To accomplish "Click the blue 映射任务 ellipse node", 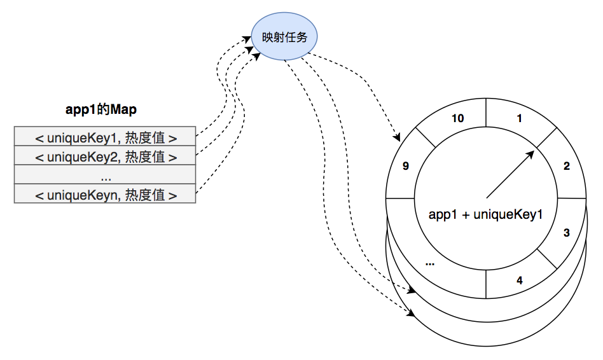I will click(x=284, y=38).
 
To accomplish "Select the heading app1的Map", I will click(x=101, y=109).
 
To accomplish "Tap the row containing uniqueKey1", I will click(x=105, y=137).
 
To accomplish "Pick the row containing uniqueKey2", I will click(x=105, y=156).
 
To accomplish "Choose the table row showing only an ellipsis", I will click(x=105, y=175).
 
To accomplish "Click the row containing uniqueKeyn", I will click(x=105, y=194).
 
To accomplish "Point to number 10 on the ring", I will click(x=457, y=118).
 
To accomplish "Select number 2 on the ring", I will click(x=566, y=167).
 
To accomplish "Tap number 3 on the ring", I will click(x=566, y=233).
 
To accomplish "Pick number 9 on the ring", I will click(x=406, y=167).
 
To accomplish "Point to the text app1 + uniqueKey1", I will click(x=485, y=214).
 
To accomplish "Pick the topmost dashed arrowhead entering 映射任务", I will click(x=248, y=39).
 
